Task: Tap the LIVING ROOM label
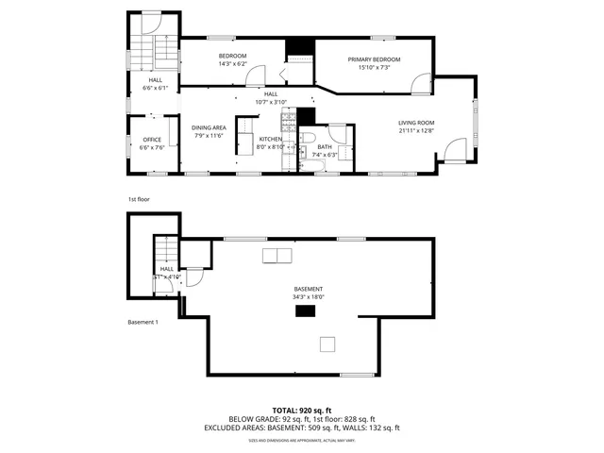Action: pos(415,122)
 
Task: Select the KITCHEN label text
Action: pos(245,138)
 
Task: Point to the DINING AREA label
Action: pos(209,127)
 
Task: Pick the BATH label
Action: pos(325,146)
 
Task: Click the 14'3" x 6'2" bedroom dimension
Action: pos(232,64)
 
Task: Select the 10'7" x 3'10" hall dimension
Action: pos(271,102)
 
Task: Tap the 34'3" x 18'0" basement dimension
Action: pos(309,297)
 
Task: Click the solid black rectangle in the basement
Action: pos(305,310)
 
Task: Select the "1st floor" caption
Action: pos(139,199)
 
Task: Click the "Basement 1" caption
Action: pos(143,322)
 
